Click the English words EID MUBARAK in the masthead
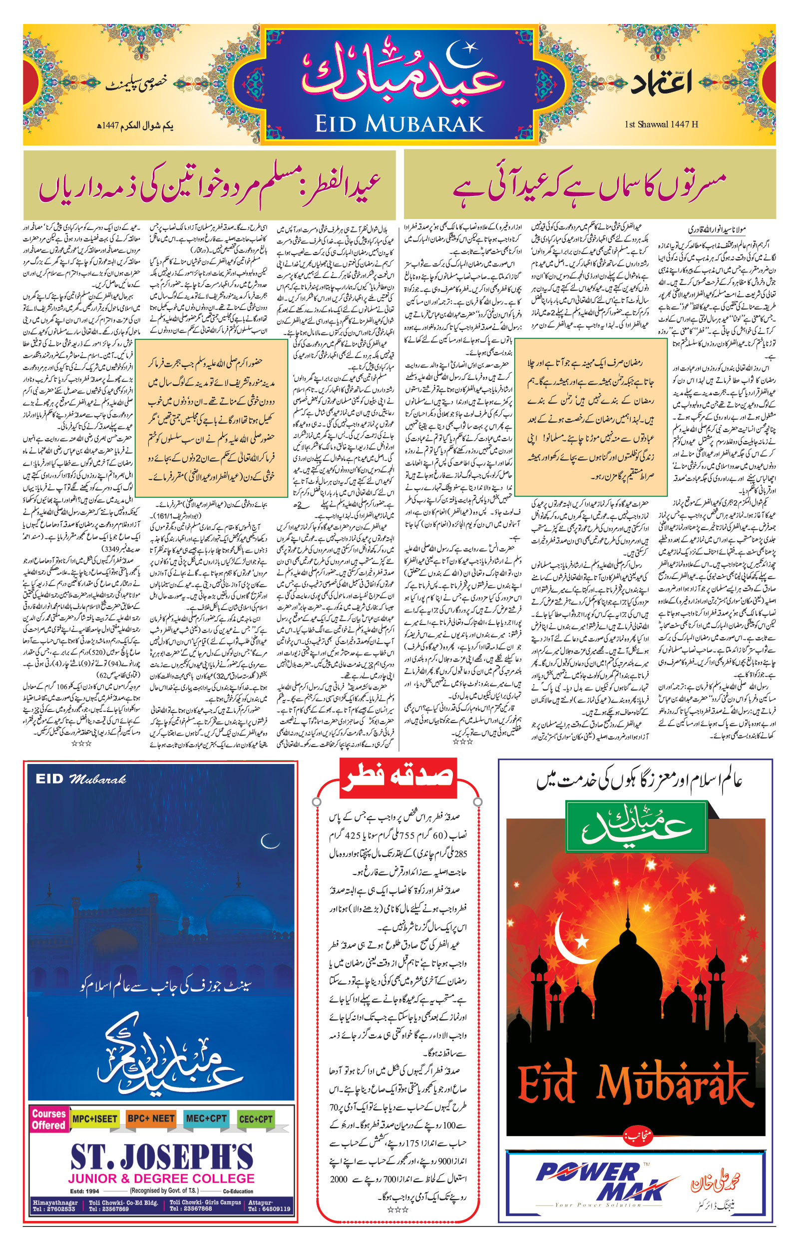pos(399,123)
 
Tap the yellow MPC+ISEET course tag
pos(95,1118)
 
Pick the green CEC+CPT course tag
pos(256,1118)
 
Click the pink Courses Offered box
pos(48,1119)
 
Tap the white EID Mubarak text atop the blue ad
pos(81,779)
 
